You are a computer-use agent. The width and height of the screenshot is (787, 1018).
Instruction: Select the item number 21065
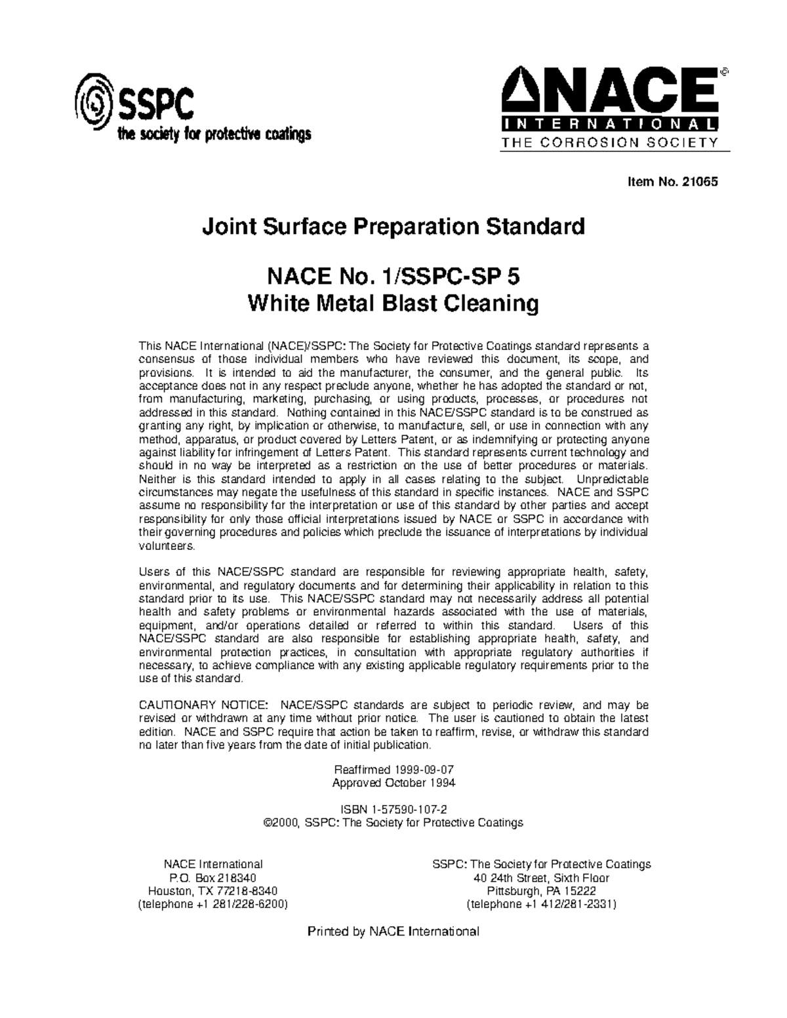(700, 182)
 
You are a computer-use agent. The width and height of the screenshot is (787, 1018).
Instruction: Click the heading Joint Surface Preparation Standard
(393, 227)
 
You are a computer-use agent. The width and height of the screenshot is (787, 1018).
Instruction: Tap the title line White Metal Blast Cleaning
(393, 303)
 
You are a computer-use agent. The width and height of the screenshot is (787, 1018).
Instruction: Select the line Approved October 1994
(393, 783)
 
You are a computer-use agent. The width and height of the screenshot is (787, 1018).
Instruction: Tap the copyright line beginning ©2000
(393, 823)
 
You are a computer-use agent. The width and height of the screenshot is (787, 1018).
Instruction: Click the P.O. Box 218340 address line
(213, 878)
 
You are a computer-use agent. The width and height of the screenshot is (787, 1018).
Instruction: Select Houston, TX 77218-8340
(213, 891)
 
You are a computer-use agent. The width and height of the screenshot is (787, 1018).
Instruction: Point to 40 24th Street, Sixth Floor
(541, 878)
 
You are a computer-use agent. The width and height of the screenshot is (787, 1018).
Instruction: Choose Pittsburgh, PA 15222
(541, 891)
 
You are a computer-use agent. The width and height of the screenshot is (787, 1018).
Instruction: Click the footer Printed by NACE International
(393, 931)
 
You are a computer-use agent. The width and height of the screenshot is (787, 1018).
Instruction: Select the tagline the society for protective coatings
(213, 135)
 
